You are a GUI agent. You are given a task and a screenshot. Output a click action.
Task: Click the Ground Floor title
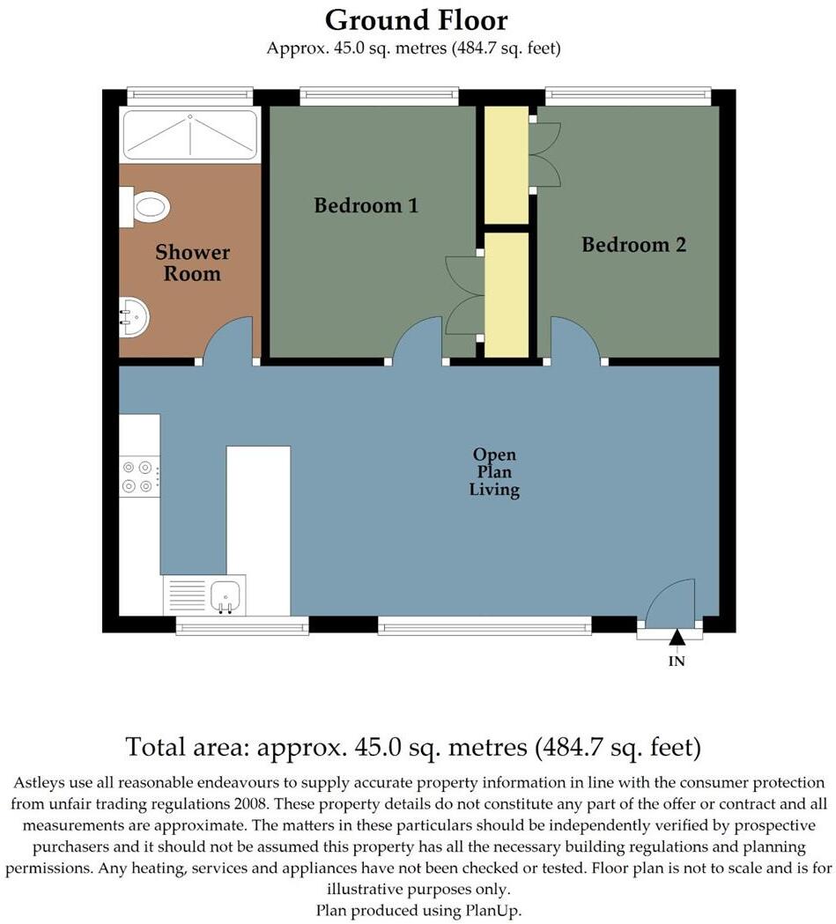416,19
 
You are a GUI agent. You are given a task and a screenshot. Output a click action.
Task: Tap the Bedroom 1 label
366,206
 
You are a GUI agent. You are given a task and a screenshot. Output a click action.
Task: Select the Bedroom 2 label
633,245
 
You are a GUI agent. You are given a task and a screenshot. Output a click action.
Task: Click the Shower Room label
192,263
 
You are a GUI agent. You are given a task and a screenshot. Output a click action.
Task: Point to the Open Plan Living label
494,473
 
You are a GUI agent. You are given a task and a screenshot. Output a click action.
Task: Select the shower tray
189,135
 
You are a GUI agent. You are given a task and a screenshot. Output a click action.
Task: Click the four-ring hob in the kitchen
139,477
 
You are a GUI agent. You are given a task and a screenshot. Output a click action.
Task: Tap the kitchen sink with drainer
205,595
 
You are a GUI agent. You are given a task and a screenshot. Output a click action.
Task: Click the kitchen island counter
258,529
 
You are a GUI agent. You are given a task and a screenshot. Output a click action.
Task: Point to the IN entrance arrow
677,638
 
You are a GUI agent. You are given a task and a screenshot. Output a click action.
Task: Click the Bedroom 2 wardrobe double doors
544,155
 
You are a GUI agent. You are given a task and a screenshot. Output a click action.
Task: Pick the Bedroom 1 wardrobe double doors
464,295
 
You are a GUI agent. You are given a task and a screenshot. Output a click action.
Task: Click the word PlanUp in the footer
502,910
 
